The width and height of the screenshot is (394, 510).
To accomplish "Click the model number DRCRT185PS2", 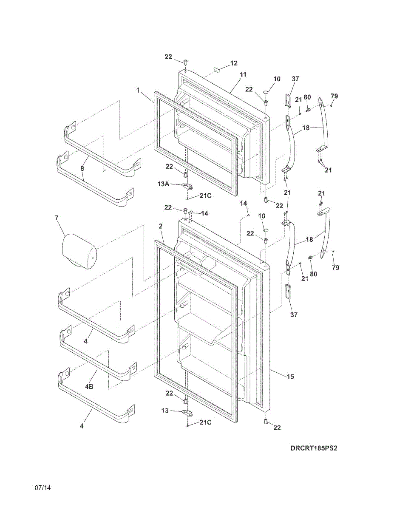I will click(x=314, y=448).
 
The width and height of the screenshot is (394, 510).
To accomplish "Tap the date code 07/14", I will click(x=43, y=487).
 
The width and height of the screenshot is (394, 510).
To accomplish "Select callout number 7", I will click(x=57, y=218).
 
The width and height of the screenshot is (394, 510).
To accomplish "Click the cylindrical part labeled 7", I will click(x=79, y=252).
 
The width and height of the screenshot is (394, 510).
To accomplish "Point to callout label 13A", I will click(x=164, y=184).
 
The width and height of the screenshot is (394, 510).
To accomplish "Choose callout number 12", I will click(x=234, y=63).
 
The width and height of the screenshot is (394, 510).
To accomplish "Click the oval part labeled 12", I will click(x=217, y=69).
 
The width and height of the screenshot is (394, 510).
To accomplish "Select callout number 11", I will click(x=243, y=74).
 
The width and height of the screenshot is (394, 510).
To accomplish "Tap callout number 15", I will click(x=290, y=377).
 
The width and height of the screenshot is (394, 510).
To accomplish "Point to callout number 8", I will click(x=82, y=168).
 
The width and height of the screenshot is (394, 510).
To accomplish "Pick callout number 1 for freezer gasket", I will click(x=138, y=90).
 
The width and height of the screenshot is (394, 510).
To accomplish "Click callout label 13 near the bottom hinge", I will click(x=165, y=411).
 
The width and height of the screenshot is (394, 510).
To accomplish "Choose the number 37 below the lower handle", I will click(x=294, y=314).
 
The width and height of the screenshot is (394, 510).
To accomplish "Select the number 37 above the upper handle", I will click(x=295, y=79).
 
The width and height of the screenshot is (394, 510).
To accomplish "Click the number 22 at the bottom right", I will click(x=277, y=428).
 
